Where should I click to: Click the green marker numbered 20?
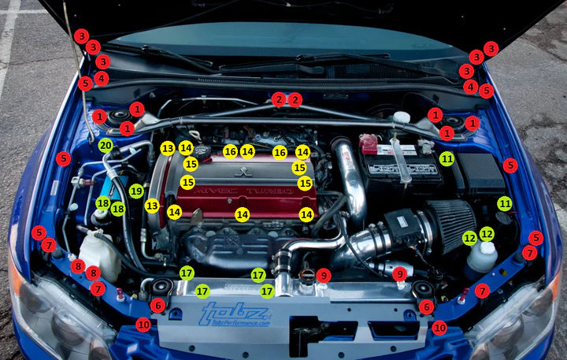[106, 145]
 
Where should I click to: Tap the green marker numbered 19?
[136, 191]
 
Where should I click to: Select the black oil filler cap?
[202, 150]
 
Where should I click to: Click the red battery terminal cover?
[368, 143]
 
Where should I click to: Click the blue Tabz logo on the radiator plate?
[234, 314]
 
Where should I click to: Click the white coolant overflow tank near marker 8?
[98, 253]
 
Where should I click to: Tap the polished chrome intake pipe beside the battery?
[350, 178]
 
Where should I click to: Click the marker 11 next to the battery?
[447, 158]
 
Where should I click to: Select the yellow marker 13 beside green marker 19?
[152, 206]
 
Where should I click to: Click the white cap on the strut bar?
[401, 118]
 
